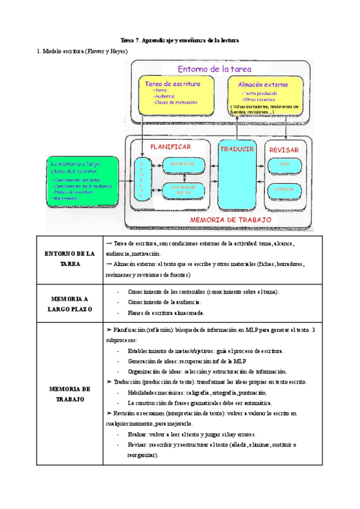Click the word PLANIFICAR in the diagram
click(x=170, y=146)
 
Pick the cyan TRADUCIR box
click(x=238, y=177)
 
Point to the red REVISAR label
click(x=283, y=149)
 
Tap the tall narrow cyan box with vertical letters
click(x=142, y=178)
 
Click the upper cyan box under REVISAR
click(x=283, y=164)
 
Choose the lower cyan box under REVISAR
click(x=283, y=189)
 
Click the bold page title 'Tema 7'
click(x=179, y=40)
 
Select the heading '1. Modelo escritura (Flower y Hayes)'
click(x=82, y=52)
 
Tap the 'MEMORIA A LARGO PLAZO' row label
click(x=70, y=303)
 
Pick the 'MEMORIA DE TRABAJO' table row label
click(x=70, y=393)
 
